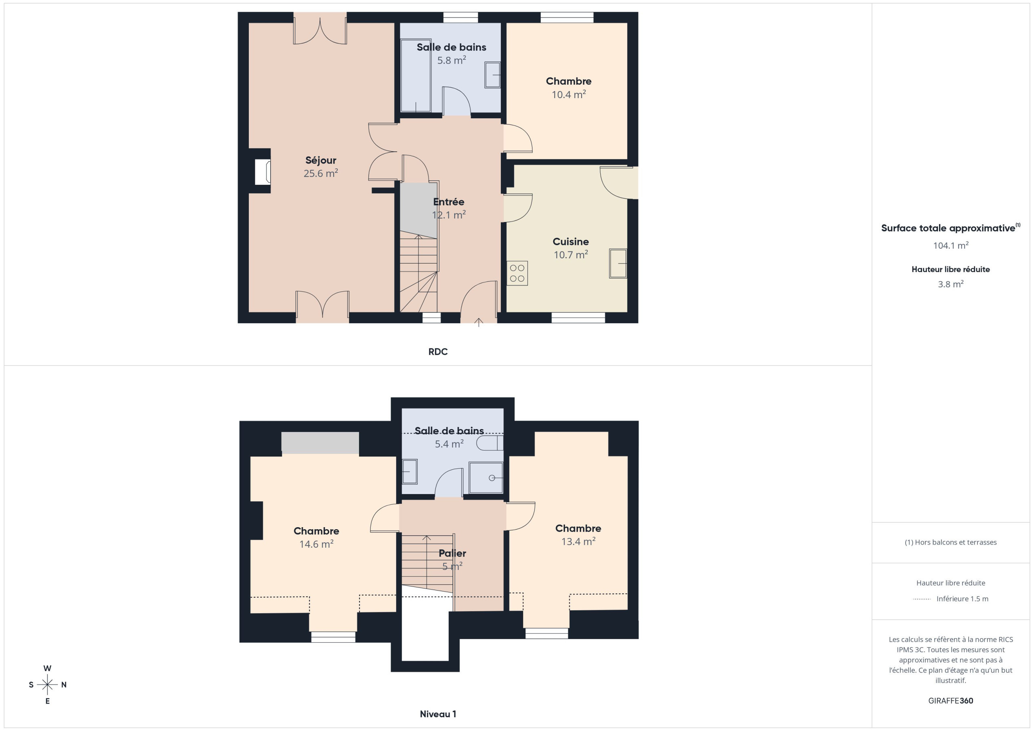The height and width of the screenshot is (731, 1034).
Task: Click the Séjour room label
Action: pos(321,160)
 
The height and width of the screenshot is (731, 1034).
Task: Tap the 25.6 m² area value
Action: pos(321,173)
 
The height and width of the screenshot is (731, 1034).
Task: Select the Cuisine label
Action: pos(571,242)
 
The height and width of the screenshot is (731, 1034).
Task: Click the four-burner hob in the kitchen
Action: pos(517,273)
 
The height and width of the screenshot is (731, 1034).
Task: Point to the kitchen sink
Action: pos(618,263)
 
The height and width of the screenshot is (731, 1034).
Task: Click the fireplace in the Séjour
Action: pos(263,172)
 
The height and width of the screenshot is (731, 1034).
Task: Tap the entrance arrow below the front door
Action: pos(479,322)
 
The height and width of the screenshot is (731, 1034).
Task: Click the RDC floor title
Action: pos(438,352)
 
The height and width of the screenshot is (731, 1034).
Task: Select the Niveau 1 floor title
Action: pos(438,714)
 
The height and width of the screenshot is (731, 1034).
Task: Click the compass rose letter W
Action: pos(47,668)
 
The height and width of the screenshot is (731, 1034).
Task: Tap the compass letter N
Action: pos(64,685)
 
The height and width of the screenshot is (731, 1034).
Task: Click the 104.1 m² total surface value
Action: pos(951,245)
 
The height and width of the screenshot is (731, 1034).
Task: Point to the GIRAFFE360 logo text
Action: pos(951,701)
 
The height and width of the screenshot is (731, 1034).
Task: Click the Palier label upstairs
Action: pos(452,554)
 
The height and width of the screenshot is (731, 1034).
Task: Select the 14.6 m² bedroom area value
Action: pos(316,544)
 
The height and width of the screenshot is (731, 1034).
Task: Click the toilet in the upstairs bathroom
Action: pos(490,443)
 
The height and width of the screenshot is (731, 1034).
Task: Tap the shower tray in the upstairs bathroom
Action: pos(486,478)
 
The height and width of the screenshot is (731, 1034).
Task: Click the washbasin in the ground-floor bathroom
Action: pos(493,75)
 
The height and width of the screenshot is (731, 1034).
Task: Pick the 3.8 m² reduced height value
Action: pos(951,284)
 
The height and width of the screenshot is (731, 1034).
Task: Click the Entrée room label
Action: pos(449,202)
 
